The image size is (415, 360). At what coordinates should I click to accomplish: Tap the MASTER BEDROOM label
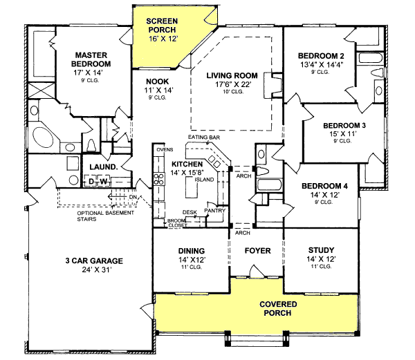click(94, 59)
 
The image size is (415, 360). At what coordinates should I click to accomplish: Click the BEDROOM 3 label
click(344, 125)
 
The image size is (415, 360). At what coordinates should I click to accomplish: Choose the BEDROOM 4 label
click(323, 186)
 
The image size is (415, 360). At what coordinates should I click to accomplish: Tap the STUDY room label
click(320, 250)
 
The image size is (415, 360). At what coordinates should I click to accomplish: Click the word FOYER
click(257, 250)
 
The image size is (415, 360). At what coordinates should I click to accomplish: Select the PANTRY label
click(215, 210)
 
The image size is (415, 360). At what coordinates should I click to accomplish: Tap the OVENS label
click(164, 149)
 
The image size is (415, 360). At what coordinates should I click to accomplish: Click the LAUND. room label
click(102, 167)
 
